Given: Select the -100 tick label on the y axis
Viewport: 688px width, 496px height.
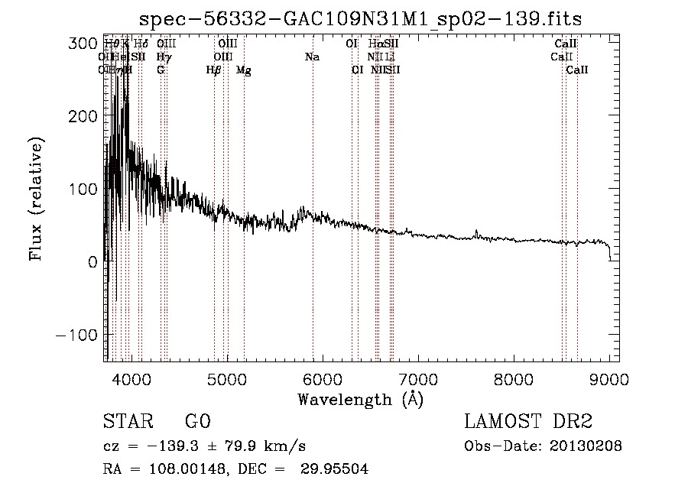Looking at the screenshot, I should (77, 335).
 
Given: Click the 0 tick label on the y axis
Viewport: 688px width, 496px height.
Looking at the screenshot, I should (92, 262).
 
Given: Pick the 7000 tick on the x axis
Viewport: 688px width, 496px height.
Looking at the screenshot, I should (418, 378).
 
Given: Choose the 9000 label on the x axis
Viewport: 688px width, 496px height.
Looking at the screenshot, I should (609, 378).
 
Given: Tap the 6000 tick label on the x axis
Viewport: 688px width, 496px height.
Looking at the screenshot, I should (323, 378).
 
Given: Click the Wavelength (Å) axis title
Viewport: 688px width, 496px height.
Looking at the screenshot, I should (360, 399).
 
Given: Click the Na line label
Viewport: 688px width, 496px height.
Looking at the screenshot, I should (312, 57).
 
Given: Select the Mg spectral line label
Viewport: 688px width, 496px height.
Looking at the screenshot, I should (243, 70).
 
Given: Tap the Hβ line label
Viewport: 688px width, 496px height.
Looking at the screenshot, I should (213, 70).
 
